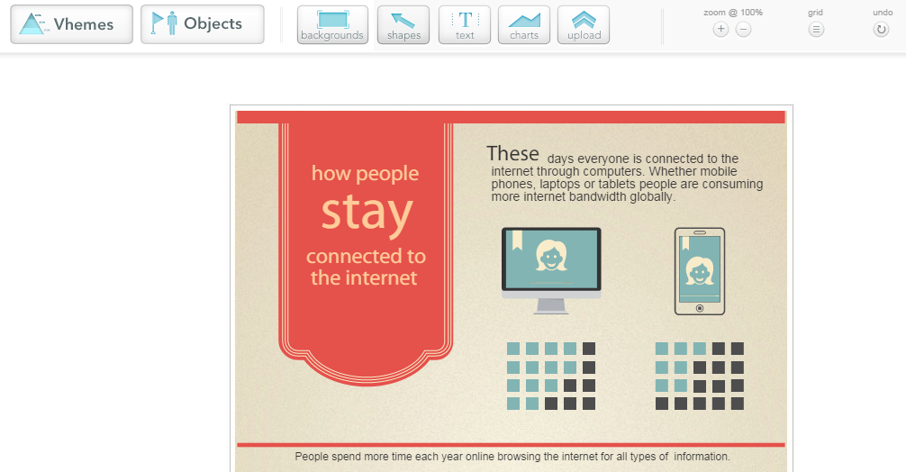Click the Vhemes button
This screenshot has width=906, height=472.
[x=72, y=24]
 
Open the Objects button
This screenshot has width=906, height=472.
[x=203, y=24]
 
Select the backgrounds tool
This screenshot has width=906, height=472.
[x=332, y=25]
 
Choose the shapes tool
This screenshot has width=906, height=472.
[x=403, y=25]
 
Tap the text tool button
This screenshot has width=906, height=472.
[x=465, y=25]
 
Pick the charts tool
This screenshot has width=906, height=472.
[x=524, y=25]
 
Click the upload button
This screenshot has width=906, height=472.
[x=584, y=25]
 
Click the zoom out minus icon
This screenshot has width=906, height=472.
[x=744, y=30]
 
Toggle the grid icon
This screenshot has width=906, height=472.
[x=816, y=30]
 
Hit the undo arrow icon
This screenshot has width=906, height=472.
[x=881, y=30]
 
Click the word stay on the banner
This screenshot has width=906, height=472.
[x=367, y=213]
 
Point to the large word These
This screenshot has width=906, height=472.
[x=512, y=154]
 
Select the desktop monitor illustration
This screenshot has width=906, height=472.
[x=551, y=270]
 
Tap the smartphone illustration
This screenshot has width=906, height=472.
[x=700, y=271]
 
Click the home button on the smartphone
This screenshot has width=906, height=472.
[x=700, y=308]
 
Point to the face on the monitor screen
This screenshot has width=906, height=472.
[x=550, y=256]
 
